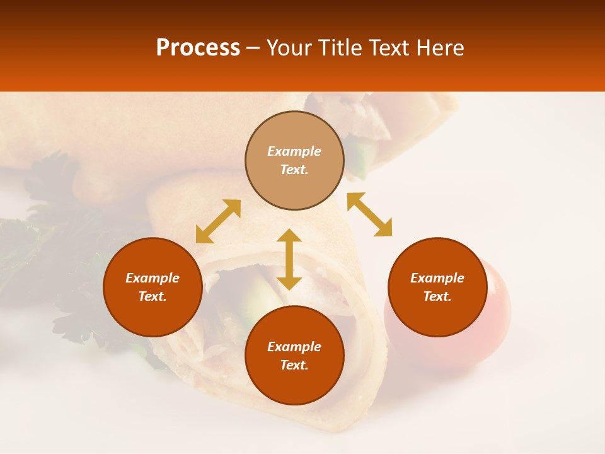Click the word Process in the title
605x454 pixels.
[x=198, y=48]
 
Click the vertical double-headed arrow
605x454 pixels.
[x=289, y=259]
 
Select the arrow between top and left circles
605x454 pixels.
[x=218, y=221]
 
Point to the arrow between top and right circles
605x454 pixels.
[x=369, y=214]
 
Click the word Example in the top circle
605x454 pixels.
[x=294, y=151]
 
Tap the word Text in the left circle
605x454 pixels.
[x=153, y=296]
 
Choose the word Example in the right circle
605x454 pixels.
[x=437, y=278]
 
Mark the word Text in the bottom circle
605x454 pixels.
[x=294, y=365]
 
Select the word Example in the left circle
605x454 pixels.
[x=153, y=278]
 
